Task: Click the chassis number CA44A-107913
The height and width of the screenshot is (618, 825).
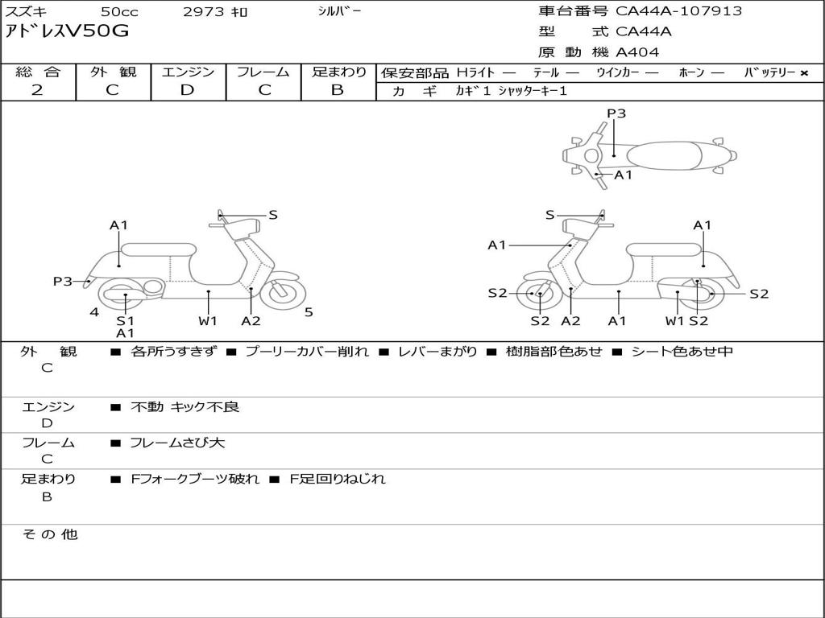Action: [678, 11]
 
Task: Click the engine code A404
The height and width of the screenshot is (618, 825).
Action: [637, 52]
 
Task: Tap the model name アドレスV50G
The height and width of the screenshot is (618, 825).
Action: [67, 32]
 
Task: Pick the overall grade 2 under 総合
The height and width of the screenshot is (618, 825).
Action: [37, 90]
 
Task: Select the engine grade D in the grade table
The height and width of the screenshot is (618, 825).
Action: [188, 90]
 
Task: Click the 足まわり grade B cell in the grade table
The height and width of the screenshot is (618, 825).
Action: [338, 90]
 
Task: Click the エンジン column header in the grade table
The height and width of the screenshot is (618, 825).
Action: [188, 72]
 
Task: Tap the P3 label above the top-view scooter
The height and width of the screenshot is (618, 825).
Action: [616, 113]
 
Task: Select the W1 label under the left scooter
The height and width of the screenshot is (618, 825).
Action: [208, 321]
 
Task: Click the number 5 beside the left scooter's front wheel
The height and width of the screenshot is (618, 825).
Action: [309, 312]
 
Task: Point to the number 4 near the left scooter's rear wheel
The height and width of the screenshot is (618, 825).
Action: [94, 312]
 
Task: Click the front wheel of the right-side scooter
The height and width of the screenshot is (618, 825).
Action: [539, 295]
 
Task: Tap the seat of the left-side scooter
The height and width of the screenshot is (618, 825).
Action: [159, 249]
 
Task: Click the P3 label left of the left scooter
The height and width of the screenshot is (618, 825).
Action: [63, 281]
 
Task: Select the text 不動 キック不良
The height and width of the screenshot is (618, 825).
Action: [184, 407]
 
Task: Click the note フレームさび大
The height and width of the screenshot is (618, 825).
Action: [177, 443]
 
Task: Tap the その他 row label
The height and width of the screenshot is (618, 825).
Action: [49, 534]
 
